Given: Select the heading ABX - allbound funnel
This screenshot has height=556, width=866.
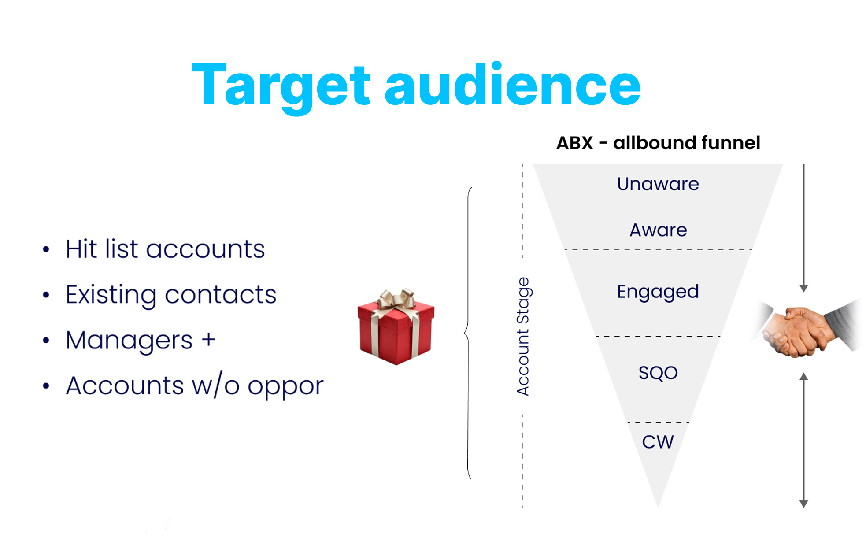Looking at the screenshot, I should pos(658,143).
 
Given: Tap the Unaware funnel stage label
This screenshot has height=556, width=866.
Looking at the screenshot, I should pos(658,184).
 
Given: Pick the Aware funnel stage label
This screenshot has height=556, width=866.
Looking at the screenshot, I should pos(658,230).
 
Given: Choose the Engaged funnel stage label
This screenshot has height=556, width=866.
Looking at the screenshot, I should pos(658,292).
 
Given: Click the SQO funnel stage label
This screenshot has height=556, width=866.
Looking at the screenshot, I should pos(658,373).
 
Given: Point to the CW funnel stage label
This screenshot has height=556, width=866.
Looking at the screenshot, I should pos(658,442).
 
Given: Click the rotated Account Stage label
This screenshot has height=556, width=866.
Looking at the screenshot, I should pos(523,336).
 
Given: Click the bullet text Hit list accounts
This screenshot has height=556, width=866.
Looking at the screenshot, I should pos(165,249).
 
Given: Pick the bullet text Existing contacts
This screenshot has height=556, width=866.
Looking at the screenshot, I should pos(171,294).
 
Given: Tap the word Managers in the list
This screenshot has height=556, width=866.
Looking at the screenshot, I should pos(129,340).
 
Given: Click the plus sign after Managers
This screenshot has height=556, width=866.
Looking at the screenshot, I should pos(208,340).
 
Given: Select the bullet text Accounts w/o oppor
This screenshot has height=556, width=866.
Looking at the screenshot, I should pos(194,386).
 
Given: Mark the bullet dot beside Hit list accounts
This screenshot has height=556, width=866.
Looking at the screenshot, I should pos(46,249).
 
